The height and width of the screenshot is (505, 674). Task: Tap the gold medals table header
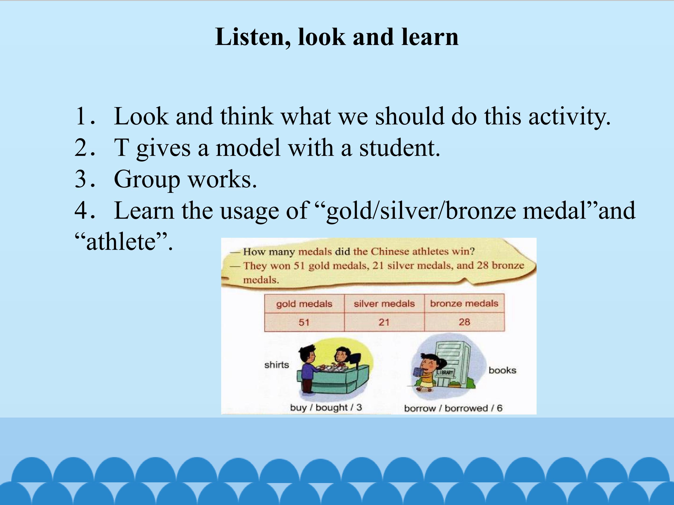point(304,304)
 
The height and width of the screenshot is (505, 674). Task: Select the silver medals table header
point(384,303)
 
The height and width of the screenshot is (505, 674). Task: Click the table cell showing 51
point(304,322)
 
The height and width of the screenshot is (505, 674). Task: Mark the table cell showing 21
point(384,322)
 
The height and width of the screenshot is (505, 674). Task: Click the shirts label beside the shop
point(276,365)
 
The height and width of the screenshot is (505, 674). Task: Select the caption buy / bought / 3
point(326,408)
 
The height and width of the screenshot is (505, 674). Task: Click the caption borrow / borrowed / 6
point(453,408)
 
